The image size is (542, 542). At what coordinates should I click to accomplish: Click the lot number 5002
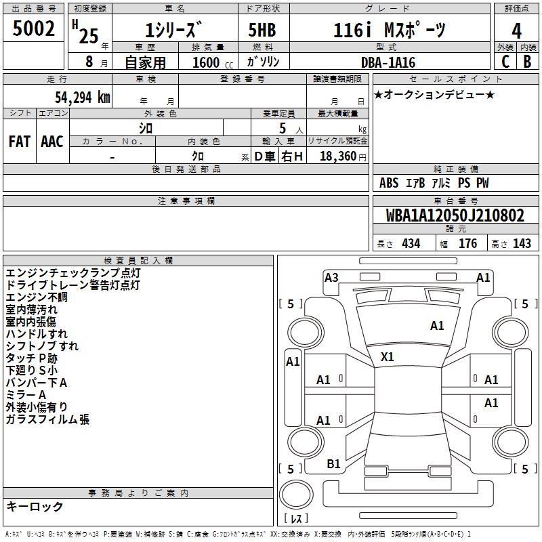33,28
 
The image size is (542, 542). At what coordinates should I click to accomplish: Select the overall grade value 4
516,31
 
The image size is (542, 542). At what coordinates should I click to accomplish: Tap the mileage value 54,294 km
83,98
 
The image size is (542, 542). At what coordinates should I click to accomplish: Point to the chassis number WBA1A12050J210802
455,215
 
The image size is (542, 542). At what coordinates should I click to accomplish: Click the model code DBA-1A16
388,62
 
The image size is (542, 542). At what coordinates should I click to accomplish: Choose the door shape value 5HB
262,30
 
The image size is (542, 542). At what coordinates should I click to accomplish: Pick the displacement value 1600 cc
213,62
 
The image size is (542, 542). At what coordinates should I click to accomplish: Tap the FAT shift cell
20,142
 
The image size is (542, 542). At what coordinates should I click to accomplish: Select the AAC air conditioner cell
52,142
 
